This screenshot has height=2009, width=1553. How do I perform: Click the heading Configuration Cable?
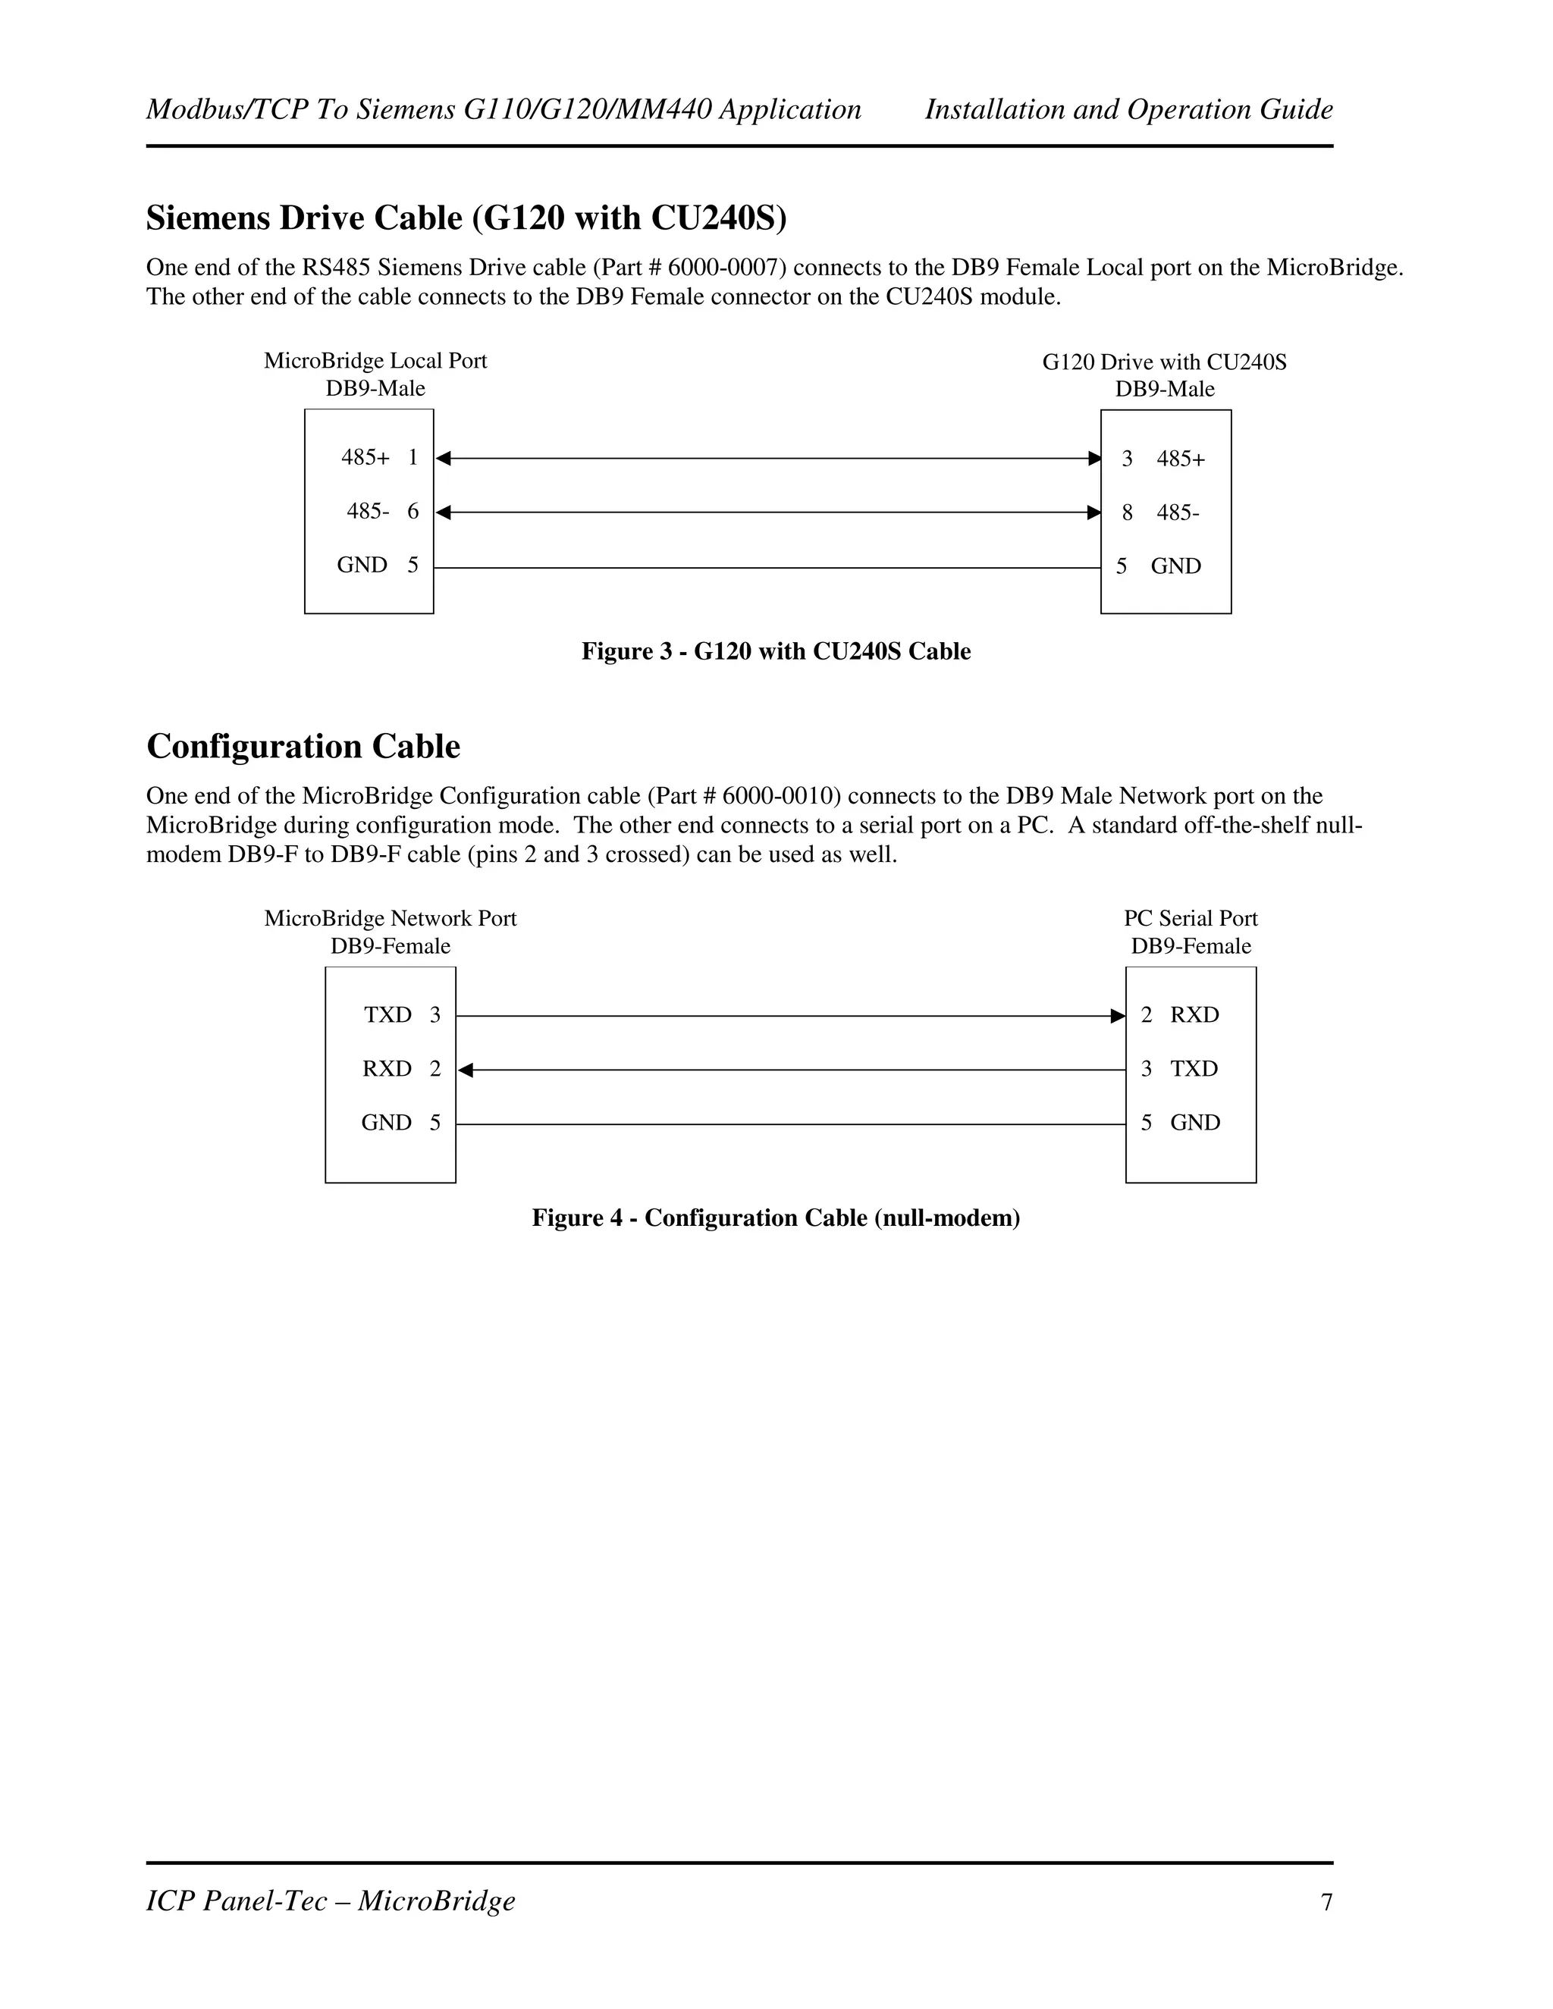pyautogui.click(x=303, y=746)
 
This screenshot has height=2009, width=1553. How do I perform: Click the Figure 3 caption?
pyautogui.click(x=776, y=651)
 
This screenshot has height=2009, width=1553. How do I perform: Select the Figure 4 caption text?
pyautogui.click(x=776, y=1218)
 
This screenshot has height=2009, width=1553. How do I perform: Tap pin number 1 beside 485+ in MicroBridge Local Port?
pyautogui.click(x=413, y=457)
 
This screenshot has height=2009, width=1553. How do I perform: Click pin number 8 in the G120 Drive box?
pyautogui.click(x=1127, y=512)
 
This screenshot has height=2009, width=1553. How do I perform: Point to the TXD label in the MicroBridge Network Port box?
pyautogui.click(x=387, y=1014)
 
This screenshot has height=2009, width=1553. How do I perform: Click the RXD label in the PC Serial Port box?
pyautogui.click(x=1194, y=1014)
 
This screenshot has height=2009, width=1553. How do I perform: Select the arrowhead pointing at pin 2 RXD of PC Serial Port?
pyautogui.click(x=1118, y=1016)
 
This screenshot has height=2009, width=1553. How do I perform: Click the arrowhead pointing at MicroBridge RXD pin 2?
pyautogui.click(x=466, y=1070)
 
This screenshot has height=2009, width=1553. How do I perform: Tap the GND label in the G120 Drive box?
pyautogui.click(x=1176, y=566)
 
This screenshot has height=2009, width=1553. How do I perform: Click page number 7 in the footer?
pyautogui.click(x=1327, y=1902)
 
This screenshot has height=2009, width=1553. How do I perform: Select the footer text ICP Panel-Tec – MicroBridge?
pyautogui.click(x=331, y=1901)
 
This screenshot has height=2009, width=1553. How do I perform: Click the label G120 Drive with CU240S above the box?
pyautogui.click(x=1164, y=362)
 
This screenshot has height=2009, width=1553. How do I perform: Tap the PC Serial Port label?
pyautogui.click(x=1190, y=918)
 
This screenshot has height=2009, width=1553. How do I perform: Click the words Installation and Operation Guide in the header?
pyautogui.click(x=1128, y=109)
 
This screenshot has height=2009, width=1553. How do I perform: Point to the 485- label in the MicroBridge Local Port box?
pyautogui.click(x=368, y=510)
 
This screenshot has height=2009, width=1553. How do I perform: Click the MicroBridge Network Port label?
pyautogui.click(x=390, y=918)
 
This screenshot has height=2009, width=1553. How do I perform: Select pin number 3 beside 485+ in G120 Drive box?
pyautogui.click(x=1127, y=458)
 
